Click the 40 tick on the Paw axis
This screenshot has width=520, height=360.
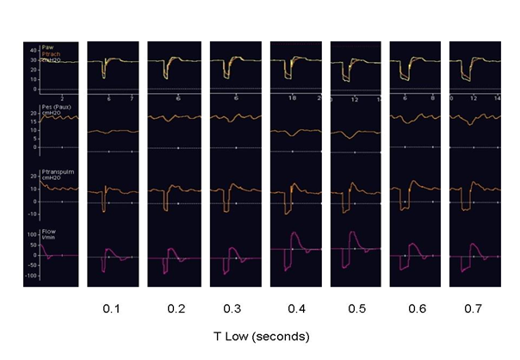32,48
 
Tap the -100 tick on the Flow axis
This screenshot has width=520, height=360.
31,276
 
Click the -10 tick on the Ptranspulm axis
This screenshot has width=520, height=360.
31,213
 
